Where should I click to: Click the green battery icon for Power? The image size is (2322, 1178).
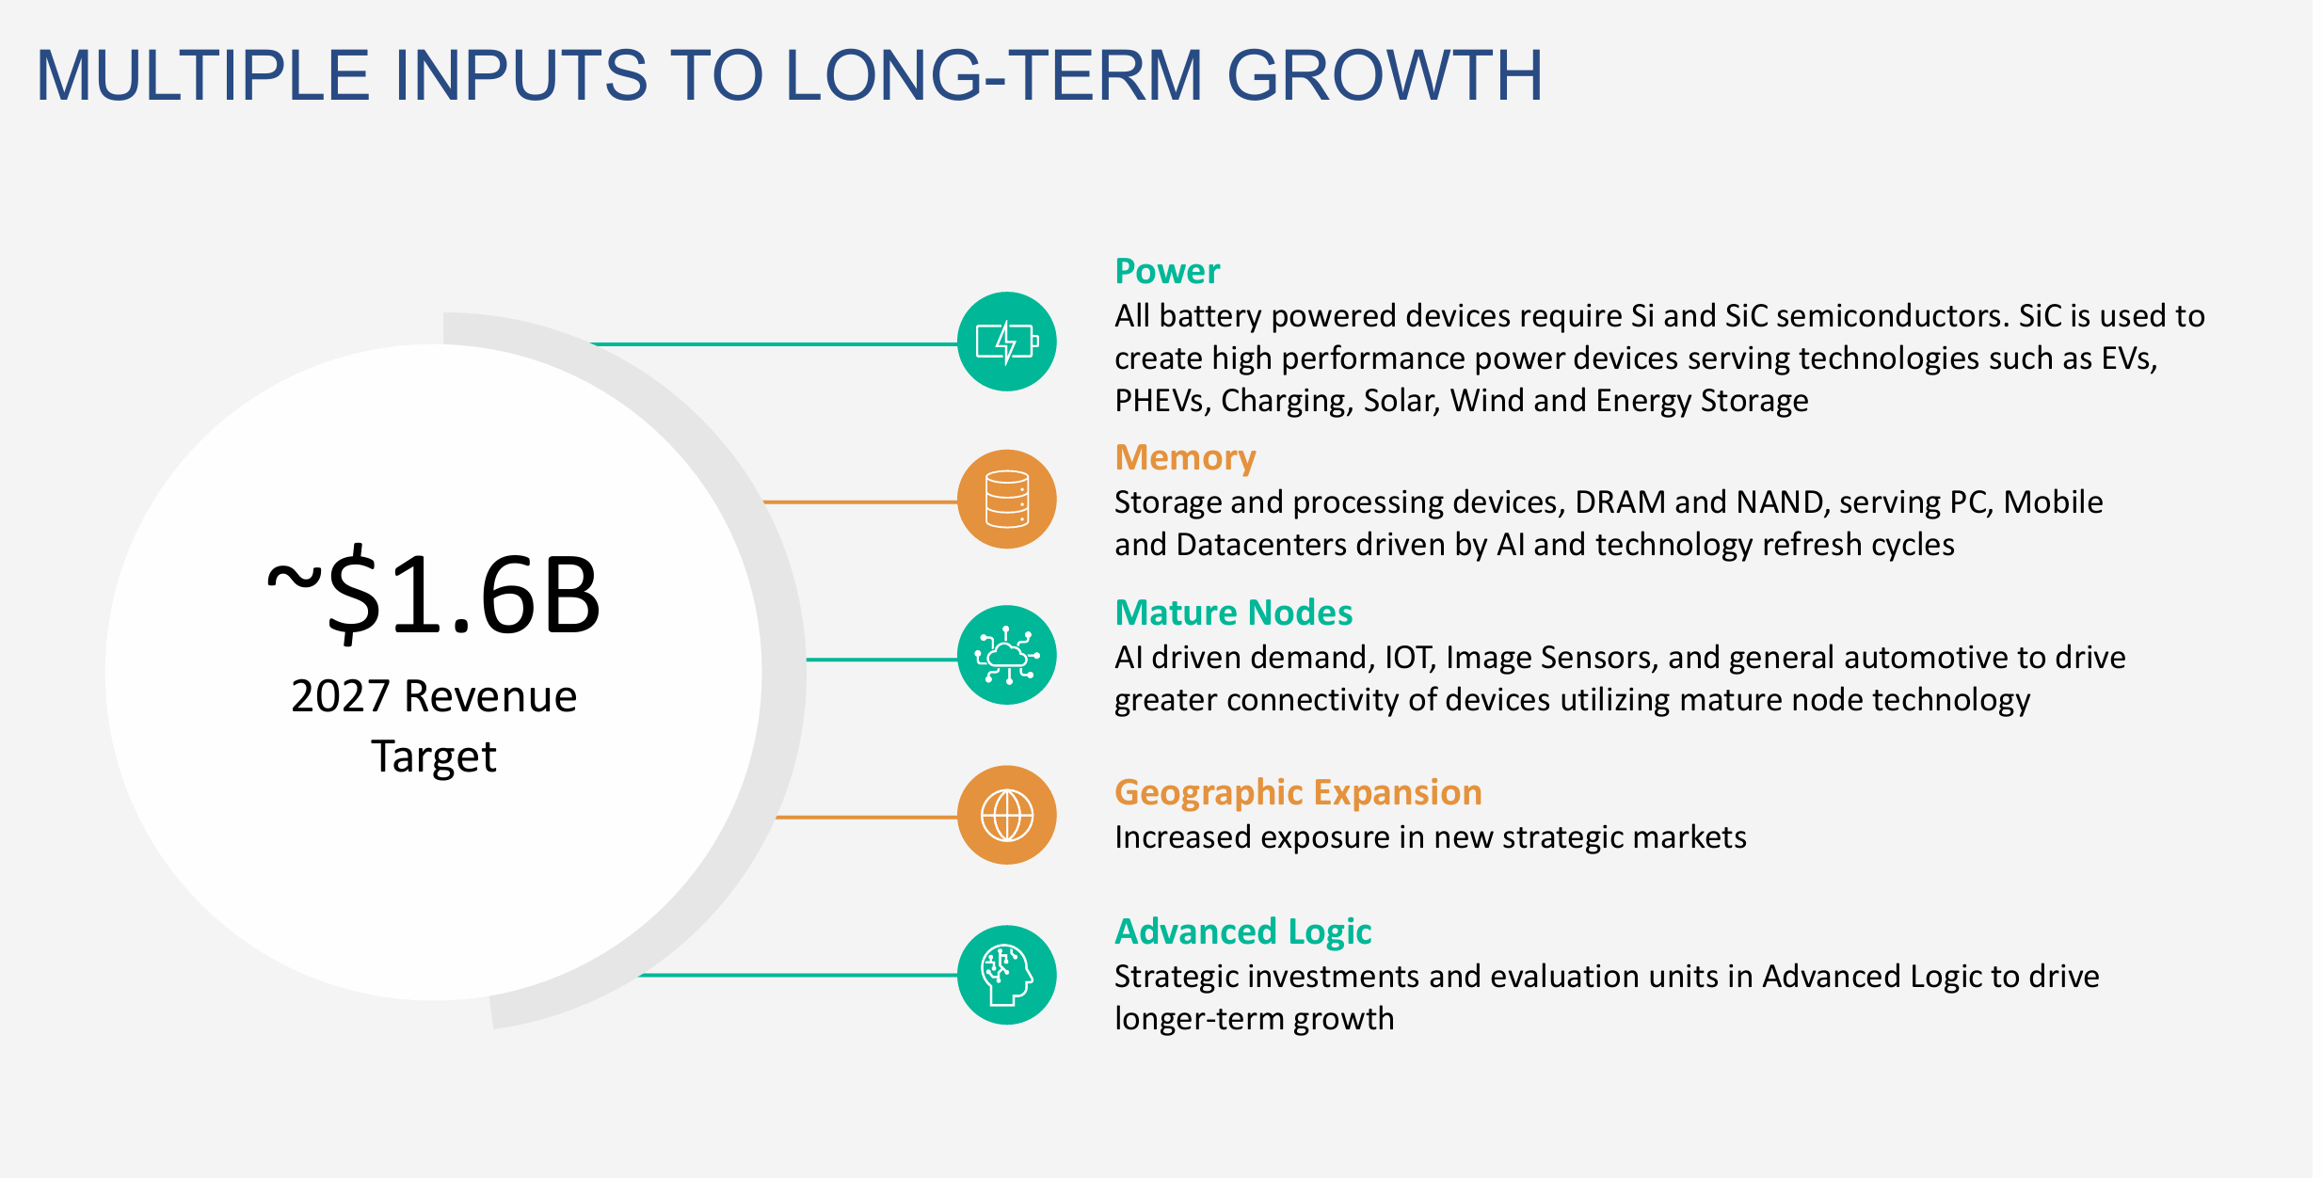[1006, 342]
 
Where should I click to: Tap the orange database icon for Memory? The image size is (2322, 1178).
[1006, 499]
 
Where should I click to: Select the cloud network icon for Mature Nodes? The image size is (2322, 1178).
[1006, 655]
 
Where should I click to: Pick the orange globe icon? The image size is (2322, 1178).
[1006, 815]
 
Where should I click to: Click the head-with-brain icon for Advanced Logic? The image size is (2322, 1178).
[1006, 975]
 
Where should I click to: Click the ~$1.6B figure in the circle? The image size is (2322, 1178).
[434, 596]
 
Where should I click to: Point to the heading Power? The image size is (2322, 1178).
[1166, 271]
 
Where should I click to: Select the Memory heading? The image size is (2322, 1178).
[1184, 457]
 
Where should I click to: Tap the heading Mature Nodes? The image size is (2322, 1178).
[1233, 613]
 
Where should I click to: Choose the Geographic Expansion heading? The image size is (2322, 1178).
[1297, 792]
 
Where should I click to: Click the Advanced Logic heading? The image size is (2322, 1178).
[1242, 931]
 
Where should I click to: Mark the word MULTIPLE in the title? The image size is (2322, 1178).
[202, 75]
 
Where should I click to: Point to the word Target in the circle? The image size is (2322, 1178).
[433, 756]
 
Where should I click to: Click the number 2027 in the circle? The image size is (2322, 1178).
[340, 697]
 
